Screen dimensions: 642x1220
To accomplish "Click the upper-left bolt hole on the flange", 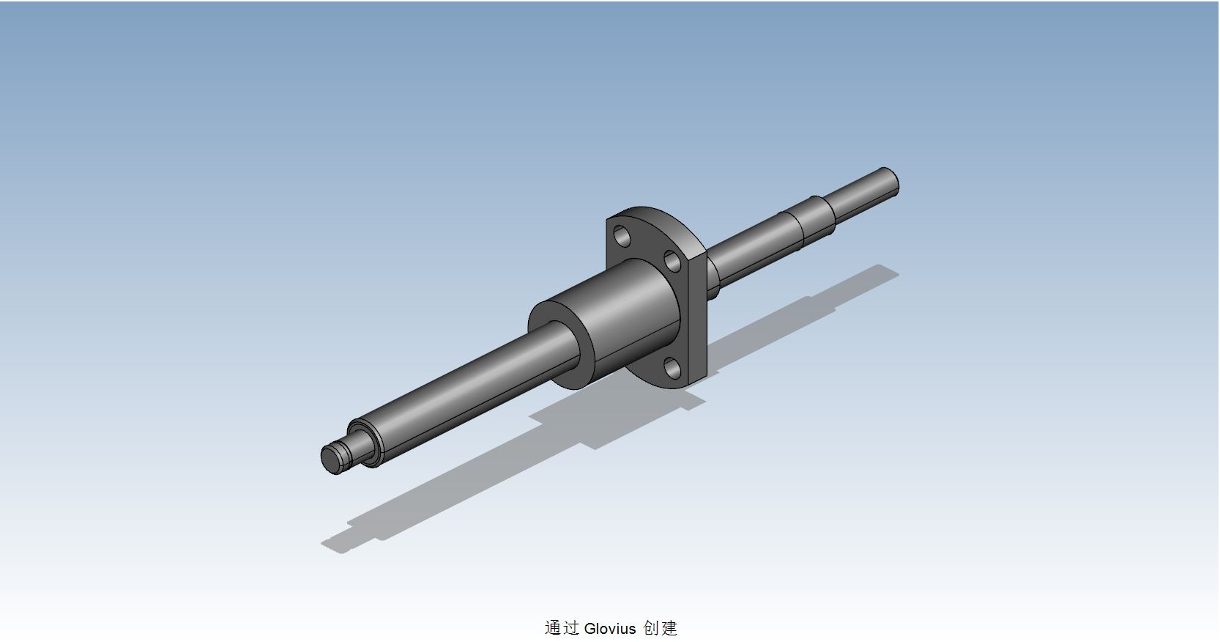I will pyautogui.click(x=622, y=236).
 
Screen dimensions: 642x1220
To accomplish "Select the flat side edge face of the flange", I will pyautogui.click(x=697, y=315).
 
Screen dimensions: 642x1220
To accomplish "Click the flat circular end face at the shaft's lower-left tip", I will pyautogui.click(x=331, y=460).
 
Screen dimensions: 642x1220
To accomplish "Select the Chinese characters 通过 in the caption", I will pyautogui.click(x=562, y=628).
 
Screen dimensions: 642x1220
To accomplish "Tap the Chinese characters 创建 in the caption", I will pyautogui.click(x=661, y=628).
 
